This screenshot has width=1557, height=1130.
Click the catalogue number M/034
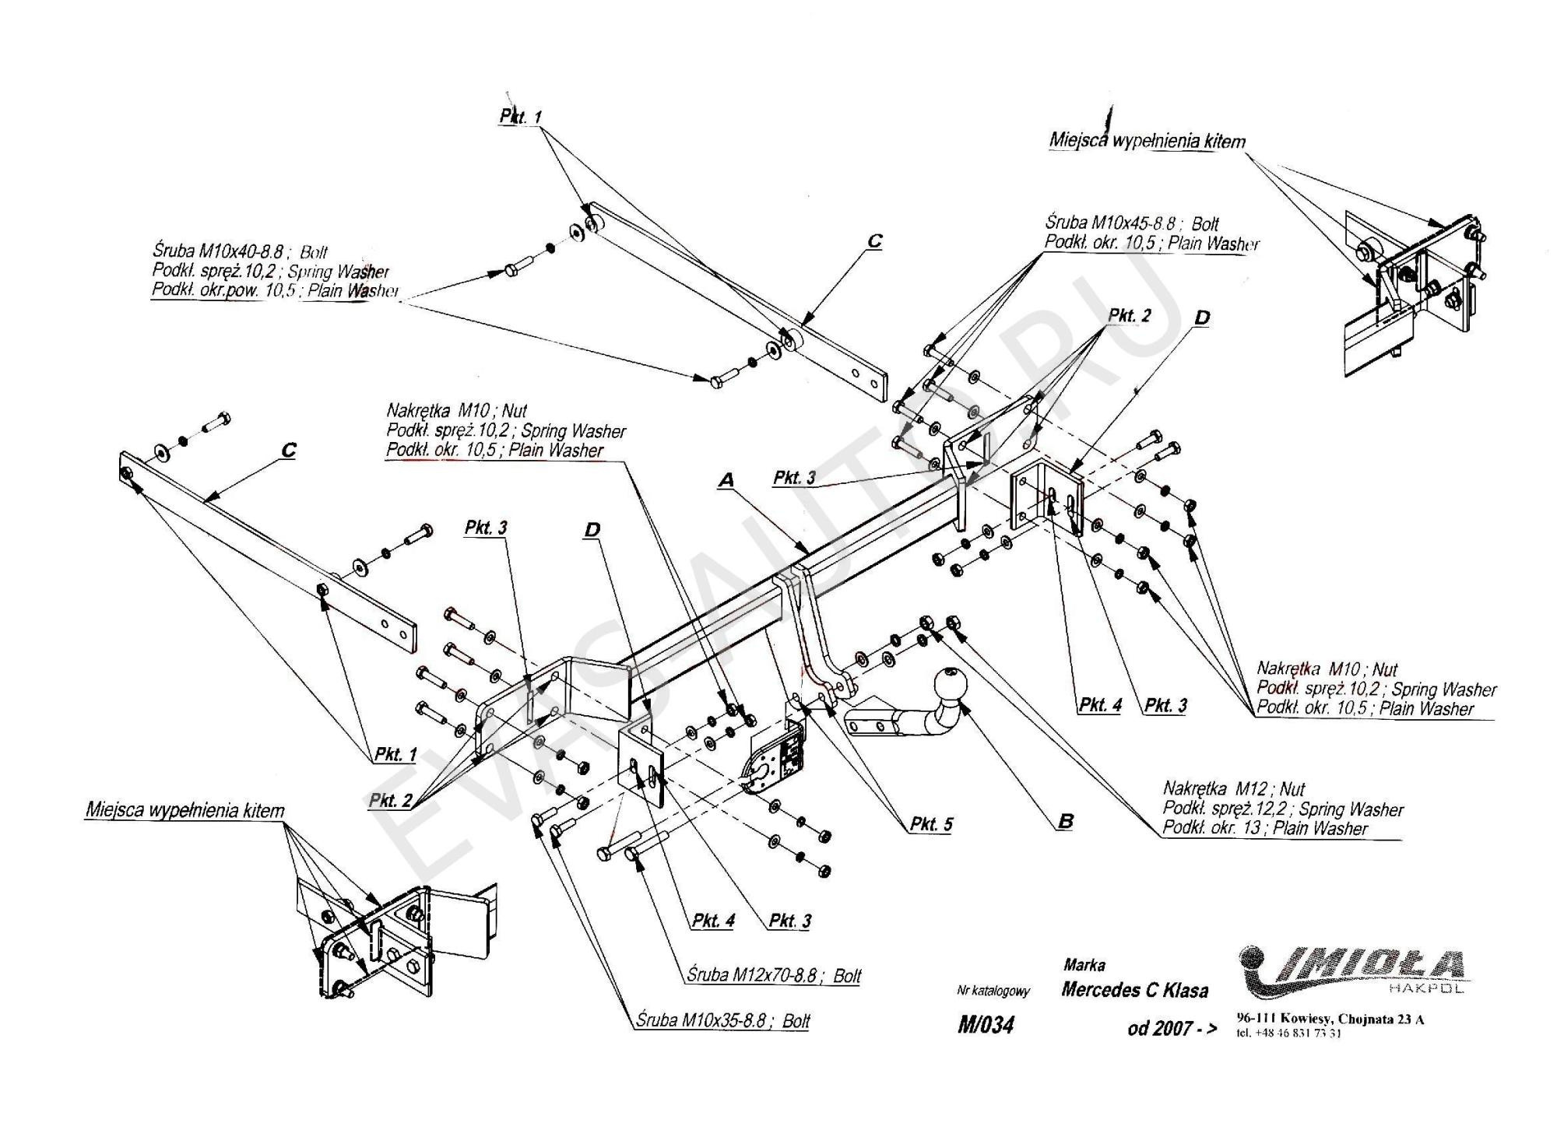tap(986, 1025)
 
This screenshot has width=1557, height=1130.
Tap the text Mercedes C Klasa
tap(1134, 990)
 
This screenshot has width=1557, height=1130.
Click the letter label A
tap(726, 481)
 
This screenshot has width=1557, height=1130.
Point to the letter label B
tap(1066, 821)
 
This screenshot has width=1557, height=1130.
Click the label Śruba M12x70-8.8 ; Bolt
tap(774, 976)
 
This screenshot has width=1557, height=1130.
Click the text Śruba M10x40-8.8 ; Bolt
tap(240, 251)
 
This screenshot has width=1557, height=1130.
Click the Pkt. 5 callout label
tap(931, 824)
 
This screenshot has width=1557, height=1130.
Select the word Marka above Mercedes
tap(1084, 965)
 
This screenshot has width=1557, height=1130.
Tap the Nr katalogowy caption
tap(993, 991)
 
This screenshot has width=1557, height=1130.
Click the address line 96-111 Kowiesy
tap(1330, 1019)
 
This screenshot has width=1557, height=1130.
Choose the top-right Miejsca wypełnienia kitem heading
tap(1147, 141)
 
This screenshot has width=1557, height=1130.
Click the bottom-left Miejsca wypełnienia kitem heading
tap(185, 811)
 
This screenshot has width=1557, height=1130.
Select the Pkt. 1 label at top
tap(520, 117)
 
